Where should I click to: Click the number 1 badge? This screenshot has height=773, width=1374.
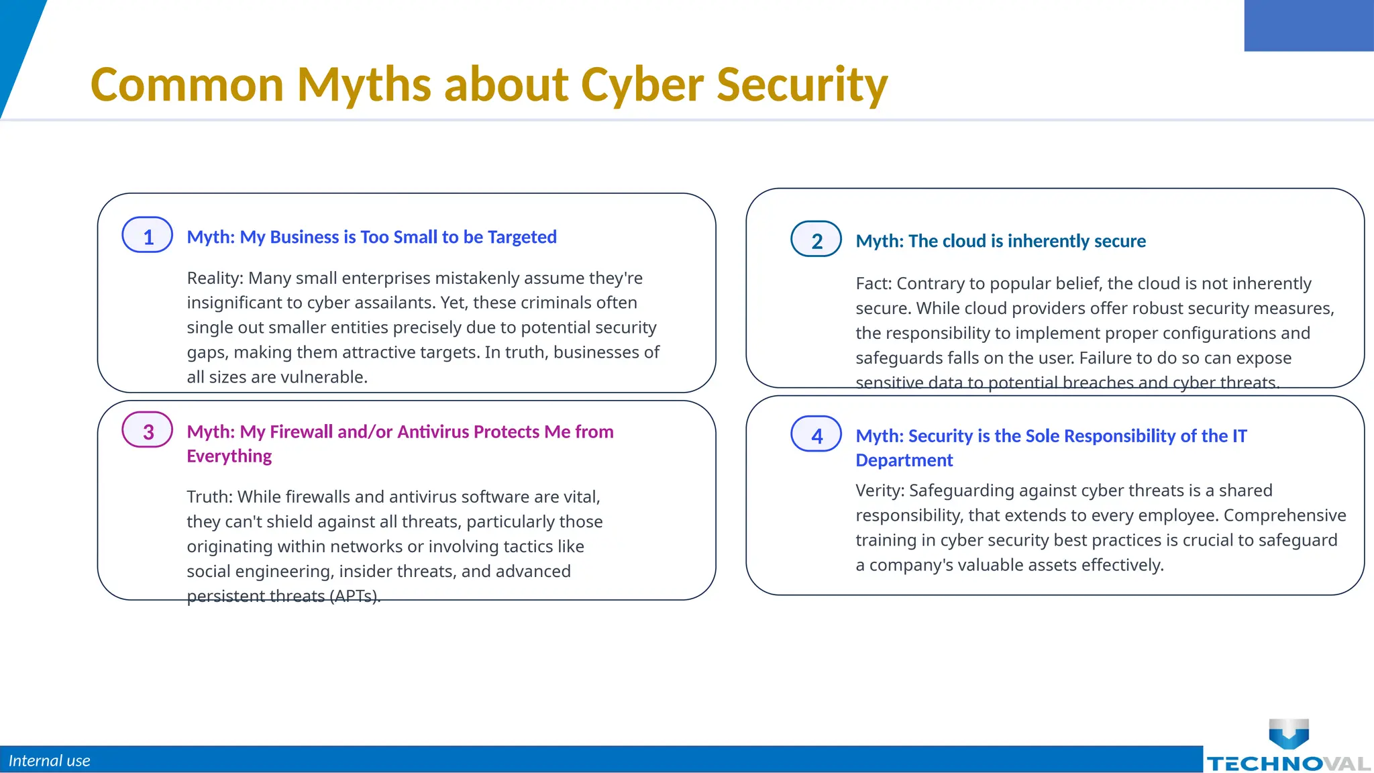(148, 236)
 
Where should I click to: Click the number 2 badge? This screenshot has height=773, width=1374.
(816, 240)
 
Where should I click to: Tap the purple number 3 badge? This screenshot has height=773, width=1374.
(148, 430)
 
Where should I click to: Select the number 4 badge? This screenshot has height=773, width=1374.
(816, 434)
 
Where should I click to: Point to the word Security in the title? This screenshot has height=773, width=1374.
(802, 85)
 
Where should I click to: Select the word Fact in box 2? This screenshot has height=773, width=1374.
(873, 283)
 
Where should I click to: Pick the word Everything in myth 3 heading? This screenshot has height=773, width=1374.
(229, 456)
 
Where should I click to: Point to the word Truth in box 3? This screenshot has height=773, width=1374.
(209, 497)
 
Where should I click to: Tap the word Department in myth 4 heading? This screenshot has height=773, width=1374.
(904, 460)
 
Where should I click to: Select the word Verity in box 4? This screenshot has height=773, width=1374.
(879, 491)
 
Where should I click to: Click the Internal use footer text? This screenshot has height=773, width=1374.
(49, 760)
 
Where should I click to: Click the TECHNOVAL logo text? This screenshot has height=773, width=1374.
(1288, 764)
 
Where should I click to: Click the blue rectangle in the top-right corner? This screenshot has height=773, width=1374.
(1308, 25)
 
